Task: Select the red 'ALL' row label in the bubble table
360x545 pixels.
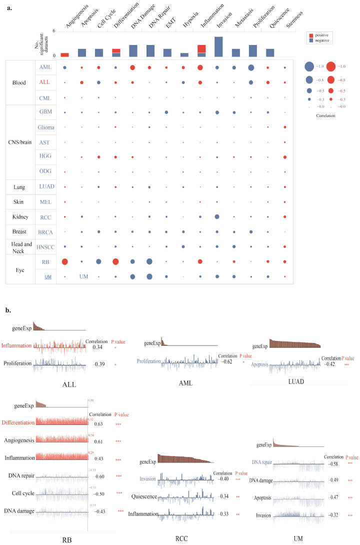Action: (x=44, y=81)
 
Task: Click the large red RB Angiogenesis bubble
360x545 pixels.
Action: (x=64, y=261)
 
